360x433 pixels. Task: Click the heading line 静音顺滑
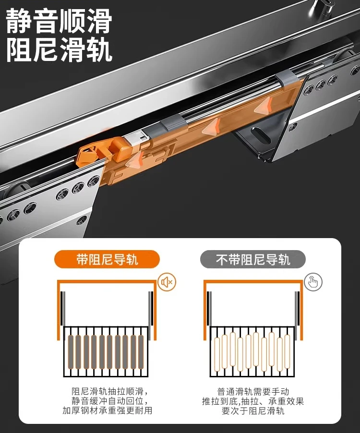pos(59,21)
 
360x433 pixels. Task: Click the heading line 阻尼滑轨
pos(59,49)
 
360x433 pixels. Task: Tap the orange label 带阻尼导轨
pos(107,260)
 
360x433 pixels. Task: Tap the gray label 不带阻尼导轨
pos(253,260)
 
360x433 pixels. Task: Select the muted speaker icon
pos(167,282)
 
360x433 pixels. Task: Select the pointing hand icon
pos(313,282)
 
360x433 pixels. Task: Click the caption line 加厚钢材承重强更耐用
pos(108,410)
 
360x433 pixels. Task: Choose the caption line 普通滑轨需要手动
pos(253,391)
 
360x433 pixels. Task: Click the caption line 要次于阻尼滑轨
pos(253,410)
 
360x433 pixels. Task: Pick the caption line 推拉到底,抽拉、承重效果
pos(253,401)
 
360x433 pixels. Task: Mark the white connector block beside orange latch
pos(137,137)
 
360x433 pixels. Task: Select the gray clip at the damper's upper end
pos(287,76)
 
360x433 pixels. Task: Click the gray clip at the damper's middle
pos(172,123)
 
